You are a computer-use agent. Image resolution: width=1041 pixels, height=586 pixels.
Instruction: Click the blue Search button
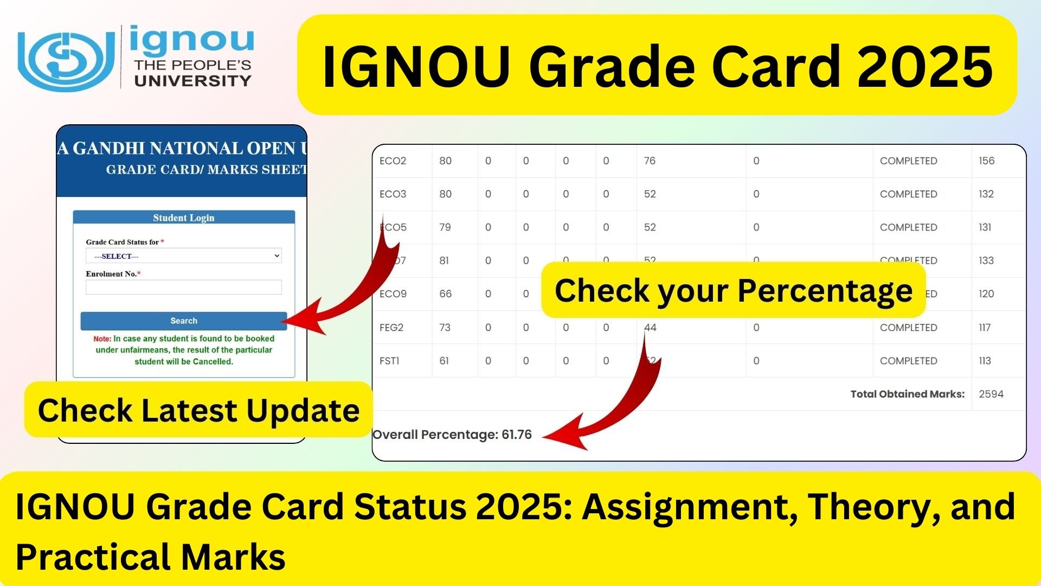pyautogui.click(x=183, y=321)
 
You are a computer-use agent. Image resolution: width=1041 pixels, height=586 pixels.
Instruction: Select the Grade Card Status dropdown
pyautogui.click(x=183, y=256)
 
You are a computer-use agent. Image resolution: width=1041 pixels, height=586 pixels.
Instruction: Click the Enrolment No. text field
pyautogui.click(x=183, y=287)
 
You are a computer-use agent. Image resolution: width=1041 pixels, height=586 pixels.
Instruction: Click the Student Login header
pyautogui.click(x=183, y=218)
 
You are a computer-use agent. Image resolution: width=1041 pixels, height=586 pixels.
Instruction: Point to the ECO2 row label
pyautogui.click(x=393, y=161)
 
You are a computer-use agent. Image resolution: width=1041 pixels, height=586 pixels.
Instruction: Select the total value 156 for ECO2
pyautogui.click(x=986, y=161)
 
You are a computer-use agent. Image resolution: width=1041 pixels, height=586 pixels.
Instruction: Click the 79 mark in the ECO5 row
pyautogui.click(x=445, y=227)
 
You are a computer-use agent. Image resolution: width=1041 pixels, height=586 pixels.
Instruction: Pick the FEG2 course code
pyautogui.click(x=391, y=328)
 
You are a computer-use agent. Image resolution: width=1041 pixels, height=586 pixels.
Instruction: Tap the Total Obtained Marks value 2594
pyautogui.click(x=991, y=394)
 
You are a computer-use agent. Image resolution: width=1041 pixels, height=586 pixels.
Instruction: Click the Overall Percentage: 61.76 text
pyautogui.click(x=452, y=435)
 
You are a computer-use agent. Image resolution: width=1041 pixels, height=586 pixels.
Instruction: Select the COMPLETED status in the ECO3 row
pyautogui.click(x=908, y=194)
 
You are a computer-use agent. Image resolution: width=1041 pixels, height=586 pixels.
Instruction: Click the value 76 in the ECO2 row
pyautogui.click(x=650, y=161)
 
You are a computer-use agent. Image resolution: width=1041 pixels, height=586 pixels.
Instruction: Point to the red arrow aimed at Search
pyautogui.click(x=347, y=293)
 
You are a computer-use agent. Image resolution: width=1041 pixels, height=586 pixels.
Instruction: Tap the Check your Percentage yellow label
pyautogui.click(x=733, y=290)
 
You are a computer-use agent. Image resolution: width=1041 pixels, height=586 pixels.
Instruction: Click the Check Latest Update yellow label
pyautogui.click(x=198, y=410)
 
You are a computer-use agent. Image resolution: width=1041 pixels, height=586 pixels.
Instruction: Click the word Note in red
pyautogui.click(x=101, y=339)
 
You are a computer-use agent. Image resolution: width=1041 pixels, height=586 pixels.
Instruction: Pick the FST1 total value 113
pyautogui.click(x=985, y=361)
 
